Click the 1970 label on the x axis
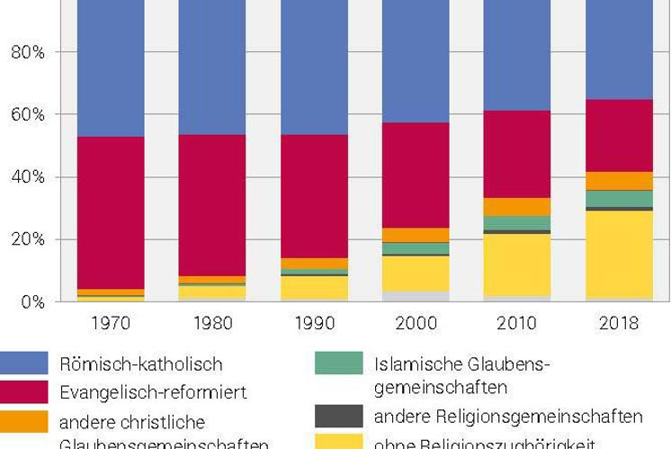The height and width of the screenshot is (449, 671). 107,323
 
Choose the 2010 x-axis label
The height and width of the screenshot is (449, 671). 515,323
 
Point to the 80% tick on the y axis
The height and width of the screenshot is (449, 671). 28,52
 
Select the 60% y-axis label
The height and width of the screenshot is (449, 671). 28,115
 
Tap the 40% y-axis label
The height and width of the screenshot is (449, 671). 28,177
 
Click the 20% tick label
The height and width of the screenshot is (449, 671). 28,239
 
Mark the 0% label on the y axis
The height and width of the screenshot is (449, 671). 32,302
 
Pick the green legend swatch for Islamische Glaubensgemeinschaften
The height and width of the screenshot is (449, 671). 338,364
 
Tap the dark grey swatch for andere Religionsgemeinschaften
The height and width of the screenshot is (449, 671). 338,416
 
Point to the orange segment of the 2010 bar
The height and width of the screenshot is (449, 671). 515,207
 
